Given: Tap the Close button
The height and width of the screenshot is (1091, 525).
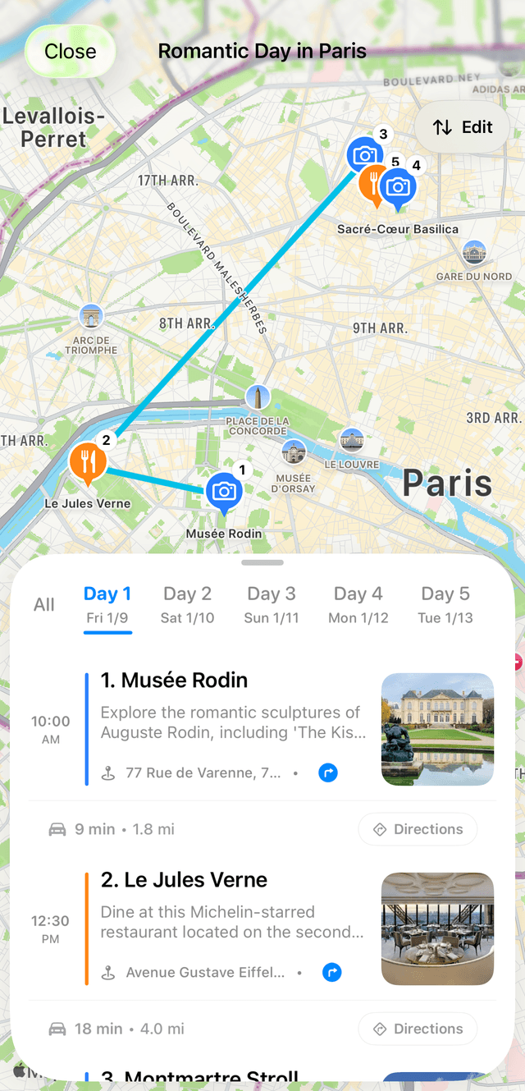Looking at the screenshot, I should coord(70,52).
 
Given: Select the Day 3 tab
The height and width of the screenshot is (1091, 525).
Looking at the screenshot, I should coord(272,604).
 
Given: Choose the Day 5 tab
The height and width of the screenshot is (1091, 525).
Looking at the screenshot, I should coord(446,604).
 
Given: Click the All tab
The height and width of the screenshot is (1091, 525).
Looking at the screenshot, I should coord(44,605).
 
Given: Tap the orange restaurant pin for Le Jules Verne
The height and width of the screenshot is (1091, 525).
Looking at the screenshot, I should coord(88,461).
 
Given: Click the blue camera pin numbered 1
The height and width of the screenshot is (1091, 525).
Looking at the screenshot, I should coord(223,492).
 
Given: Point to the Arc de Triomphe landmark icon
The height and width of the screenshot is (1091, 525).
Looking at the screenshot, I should coord(91,317).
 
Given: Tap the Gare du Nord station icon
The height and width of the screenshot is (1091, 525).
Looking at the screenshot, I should coord(474,253).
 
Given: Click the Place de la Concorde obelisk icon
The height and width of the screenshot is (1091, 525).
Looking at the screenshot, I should coord(258,398).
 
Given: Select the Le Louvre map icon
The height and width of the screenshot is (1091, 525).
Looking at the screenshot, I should coord(352,440).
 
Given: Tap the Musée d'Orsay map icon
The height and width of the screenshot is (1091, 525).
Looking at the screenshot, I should coord(293,452).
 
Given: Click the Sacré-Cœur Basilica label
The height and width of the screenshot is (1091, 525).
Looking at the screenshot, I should coord(398,229).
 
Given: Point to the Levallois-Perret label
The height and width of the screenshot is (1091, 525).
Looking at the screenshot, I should coord(54,128).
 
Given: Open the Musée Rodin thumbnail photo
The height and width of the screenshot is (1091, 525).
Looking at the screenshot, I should coord(437,729).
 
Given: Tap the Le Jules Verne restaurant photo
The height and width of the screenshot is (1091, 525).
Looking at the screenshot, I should coord(437,928).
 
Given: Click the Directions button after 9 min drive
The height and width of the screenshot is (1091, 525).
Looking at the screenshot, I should coord(418,829).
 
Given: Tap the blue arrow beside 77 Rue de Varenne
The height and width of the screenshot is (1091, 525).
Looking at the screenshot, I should coord(328,772).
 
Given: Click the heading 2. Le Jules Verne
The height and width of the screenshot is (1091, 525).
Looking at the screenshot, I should coord(184,880).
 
